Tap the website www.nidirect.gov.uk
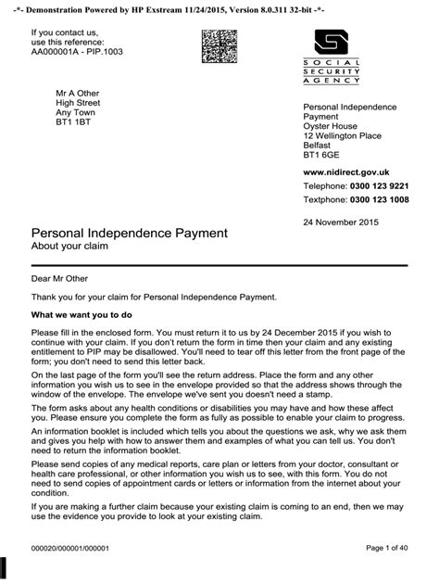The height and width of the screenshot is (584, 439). point(346,172)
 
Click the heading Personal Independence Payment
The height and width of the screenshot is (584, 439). point(130,233)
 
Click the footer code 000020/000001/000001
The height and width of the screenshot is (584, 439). point(71,548)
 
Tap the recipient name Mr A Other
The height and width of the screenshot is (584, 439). point(78,94)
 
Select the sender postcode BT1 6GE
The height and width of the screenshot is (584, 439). point(321,157)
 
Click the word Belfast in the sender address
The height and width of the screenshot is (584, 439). point(317,146)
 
